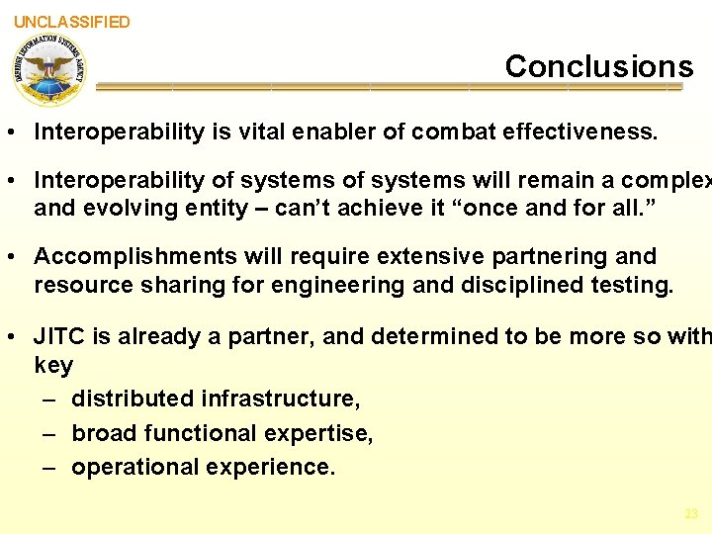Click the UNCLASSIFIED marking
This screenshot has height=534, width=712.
(71, 22)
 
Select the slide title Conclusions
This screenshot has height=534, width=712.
(599, 66)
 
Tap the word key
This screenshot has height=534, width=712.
(53, 366)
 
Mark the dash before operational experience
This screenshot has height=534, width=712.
(49, 467)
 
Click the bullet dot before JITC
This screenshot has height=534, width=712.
(16, 336)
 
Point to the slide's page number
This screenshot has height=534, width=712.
(690, 513)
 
